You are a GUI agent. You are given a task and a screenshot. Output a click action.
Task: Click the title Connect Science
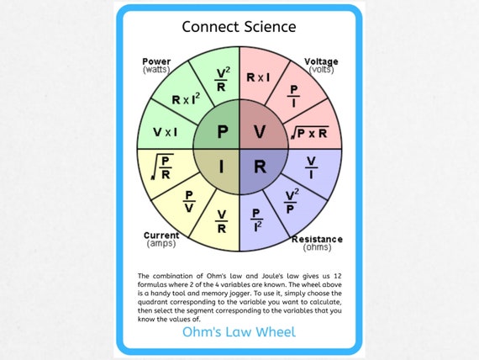coord(239,26)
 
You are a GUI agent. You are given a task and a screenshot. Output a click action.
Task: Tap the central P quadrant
coord(221,132)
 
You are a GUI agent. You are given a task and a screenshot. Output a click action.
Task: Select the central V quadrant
coord(260,132)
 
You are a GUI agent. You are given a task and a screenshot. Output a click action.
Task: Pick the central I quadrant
coord(221,167)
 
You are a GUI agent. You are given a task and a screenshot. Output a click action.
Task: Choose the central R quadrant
coord(260,167)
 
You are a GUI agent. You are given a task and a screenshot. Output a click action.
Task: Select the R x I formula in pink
coord(258,77)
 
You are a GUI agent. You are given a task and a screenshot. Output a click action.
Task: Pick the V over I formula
coord(310,166)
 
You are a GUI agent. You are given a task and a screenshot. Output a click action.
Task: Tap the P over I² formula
coord(258,220)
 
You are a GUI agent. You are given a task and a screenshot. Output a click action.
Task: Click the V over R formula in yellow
coord(220,220)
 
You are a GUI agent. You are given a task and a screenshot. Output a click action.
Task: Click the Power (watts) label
coord(156,66)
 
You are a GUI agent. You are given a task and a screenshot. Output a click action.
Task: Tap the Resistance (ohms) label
coord(316,243)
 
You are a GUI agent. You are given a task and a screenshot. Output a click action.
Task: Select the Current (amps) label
coord(161,239)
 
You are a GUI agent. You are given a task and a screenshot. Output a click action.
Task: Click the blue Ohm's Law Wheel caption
coord(239,332)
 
